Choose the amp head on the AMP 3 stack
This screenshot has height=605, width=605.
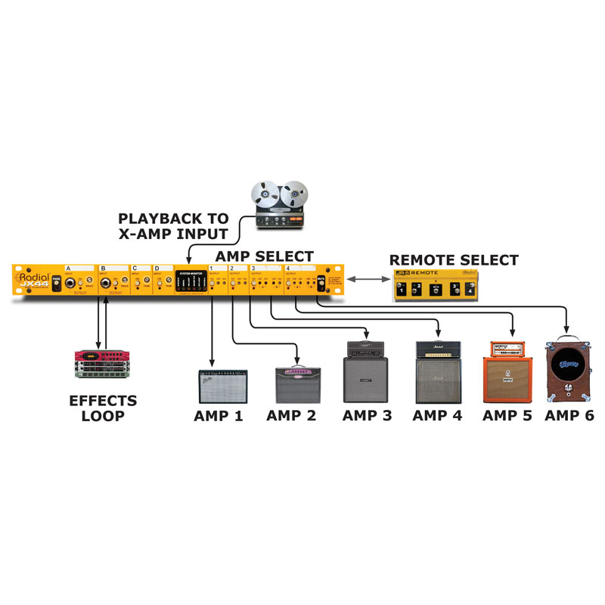coord(366,347)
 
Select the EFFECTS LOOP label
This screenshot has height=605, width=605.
coord(104,408)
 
